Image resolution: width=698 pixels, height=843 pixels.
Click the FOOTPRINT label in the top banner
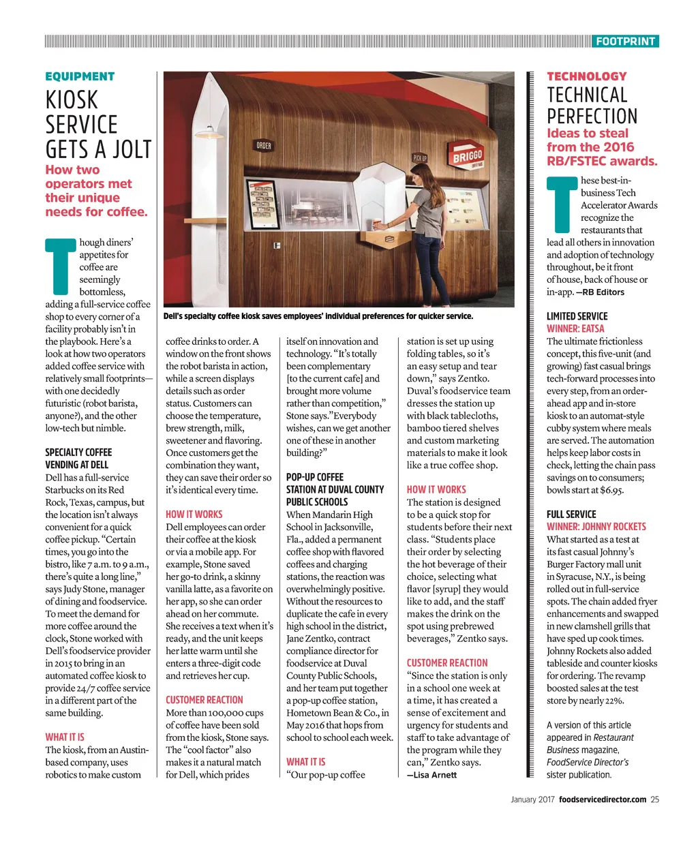click(x=625, y=42)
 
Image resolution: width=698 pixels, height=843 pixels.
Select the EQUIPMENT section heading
click(x=80, y=76)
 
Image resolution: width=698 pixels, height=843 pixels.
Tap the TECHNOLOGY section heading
click(x=586, y=76)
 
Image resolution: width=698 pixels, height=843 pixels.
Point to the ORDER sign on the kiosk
click(x=264, y=146)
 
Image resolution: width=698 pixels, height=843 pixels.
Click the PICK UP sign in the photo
click(x=420, y=157)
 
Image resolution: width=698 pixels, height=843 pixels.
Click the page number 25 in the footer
click(x=654, y=799)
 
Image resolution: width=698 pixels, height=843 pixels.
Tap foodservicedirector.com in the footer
click(x=603, y=799)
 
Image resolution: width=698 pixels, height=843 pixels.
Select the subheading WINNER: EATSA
click(x=575, y=328)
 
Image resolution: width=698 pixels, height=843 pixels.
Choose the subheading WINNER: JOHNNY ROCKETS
click(x=596, y=527)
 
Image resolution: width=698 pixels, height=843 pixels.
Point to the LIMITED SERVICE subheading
click(x=577, y=316)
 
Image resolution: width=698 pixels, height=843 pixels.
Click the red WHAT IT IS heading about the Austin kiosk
click(x=65, y=737)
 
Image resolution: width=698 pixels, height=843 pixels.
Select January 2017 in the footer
click(x=532, y=799)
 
